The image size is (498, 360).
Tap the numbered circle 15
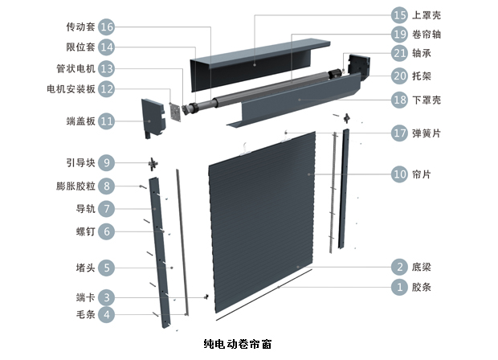coord(399,14)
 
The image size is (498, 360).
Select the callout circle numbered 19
coord(399,35)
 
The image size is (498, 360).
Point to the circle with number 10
coord(399,174)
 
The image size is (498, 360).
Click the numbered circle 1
coord(399,286)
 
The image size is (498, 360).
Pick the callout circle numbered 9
coord(106,162)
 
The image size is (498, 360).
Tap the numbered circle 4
coord(106,315)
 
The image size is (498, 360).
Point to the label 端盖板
coord(80,121)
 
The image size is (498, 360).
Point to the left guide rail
coord(160,241)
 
